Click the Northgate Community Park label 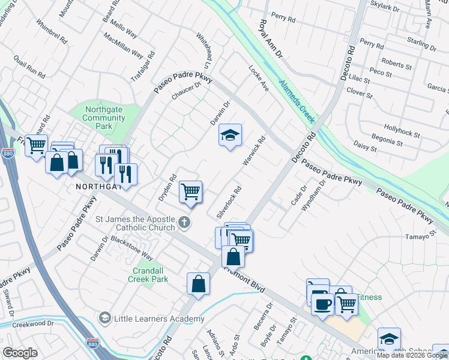click(104, 118)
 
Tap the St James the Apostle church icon click(185, 224)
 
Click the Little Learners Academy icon click(105, 317)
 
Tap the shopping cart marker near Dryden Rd click(191, 193)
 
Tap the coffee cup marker click(322, 304)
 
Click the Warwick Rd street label click(254, 152)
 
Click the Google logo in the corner click(20, 353)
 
